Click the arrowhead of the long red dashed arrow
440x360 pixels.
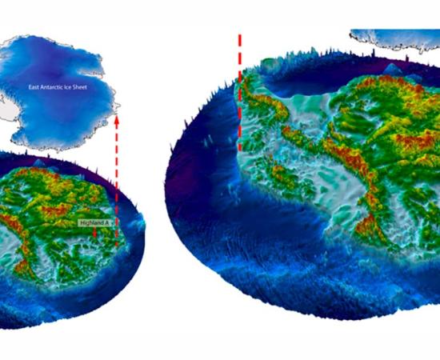[117, 122]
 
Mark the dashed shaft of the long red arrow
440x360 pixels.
[117, 184]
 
